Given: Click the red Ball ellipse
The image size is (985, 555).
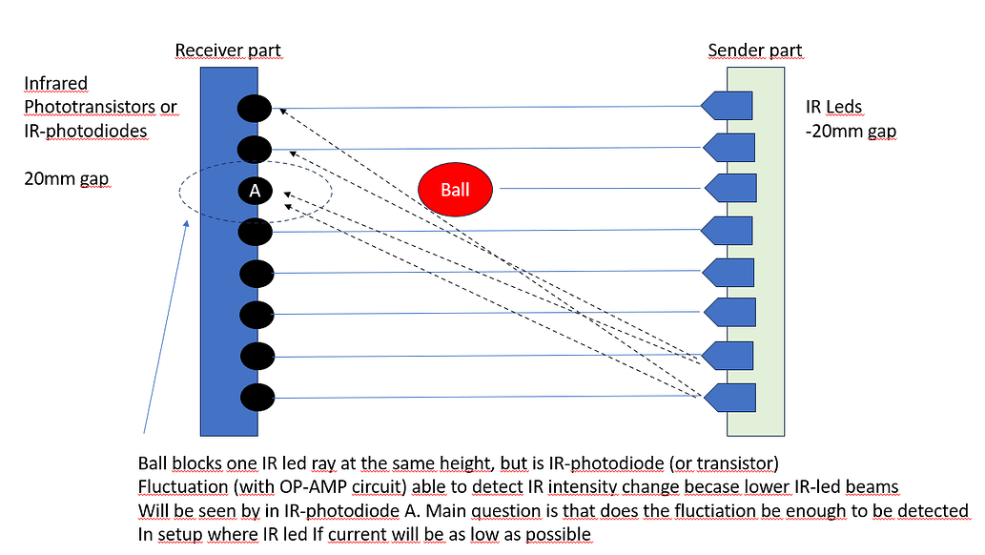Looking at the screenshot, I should (x=455, y=189).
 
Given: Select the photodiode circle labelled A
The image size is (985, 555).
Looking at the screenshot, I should (x=255, y=191).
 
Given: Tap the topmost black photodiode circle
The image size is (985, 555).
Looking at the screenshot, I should (x=255, y=108).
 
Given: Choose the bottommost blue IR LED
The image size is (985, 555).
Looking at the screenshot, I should (x=730, y=396).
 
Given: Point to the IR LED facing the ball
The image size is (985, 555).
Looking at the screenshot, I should (x=730, y=188).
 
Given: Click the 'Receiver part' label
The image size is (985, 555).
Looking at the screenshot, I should (x=228, y=50).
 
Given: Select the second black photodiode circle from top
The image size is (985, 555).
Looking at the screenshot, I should (x=255, y=149).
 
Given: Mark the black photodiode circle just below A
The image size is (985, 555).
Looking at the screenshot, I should (x=256, y=232).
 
